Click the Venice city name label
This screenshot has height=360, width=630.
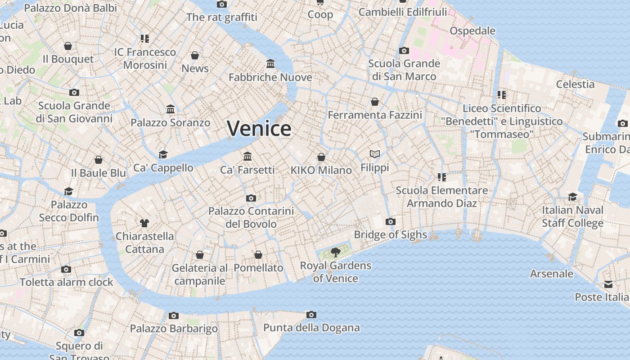click(x=259, y=129)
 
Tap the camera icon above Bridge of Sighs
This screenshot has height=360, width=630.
click(x=391, y=221)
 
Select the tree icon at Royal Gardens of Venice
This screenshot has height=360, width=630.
click(x=335, y=252)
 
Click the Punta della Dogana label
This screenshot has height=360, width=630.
click(x=311, y=328)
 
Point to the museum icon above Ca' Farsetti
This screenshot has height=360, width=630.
click(x=247, y=156)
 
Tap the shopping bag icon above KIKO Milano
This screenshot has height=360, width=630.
click(x=321, y=157)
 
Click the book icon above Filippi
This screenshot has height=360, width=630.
click(x=375, y=154)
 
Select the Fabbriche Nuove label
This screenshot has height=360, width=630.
click(x=270, y=77)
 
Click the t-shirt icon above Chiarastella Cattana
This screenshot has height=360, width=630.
click(x=144, y=223)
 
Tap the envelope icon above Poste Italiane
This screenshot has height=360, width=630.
click(x=608, y=284)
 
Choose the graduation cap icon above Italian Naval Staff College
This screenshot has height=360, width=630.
click(x=572, y=197)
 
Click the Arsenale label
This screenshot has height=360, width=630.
click(x=552, y=274)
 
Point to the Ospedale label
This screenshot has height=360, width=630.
click(x=472, y=31)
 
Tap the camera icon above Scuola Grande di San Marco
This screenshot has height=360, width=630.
click(x=404, y=50)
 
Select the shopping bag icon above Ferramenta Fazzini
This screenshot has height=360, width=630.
click(x=375, y=102)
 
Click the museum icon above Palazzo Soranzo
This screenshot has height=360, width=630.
click(x=171, y=109)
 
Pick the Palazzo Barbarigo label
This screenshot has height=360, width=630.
click(x=174, y=328)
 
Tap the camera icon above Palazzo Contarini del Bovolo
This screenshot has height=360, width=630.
click(x=251, y=198)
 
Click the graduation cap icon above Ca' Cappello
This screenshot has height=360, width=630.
click(x=163, y=155)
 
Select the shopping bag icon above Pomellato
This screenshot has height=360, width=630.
click(x=258, y=255)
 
